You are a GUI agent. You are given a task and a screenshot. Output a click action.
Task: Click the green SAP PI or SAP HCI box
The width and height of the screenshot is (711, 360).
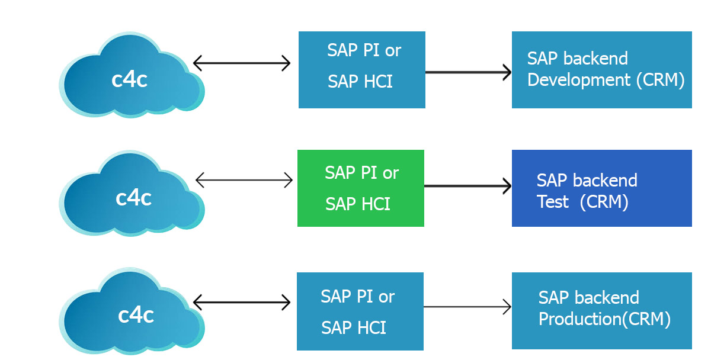click(361, 188)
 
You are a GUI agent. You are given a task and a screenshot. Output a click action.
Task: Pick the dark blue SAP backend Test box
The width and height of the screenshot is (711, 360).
click(602, 188)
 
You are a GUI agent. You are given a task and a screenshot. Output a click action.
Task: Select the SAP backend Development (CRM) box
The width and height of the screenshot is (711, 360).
click(602, 70)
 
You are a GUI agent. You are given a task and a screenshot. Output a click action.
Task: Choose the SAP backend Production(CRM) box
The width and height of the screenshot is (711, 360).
click(602, 311)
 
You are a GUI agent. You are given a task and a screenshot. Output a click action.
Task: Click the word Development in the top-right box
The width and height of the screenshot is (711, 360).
click(579, 79)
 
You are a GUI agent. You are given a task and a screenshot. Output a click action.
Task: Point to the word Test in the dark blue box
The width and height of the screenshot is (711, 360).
click(553, 202)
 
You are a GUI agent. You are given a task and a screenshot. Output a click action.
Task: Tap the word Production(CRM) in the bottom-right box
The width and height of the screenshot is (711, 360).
click(605, 319)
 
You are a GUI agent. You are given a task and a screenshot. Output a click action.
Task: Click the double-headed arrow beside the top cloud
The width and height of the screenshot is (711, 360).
click(242, 63)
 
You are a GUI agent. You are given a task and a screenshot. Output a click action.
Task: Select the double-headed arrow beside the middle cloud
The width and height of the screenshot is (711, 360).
click(244, 180)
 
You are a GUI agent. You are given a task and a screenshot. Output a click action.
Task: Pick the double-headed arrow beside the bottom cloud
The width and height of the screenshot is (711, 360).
click(242, 303)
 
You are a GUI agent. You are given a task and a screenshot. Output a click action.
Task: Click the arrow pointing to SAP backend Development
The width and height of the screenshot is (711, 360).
click(468, 72)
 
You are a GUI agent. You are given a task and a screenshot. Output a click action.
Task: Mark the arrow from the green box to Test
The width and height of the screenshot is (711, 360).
click(467, 186)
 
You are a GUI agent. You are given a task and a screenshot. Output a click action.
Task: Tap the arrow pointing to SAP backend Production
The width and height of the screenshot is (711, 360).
click(467, 307)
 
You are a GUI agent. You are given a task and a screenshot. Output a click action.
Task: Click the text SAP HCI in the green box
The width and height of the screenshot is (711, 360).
click(358, 204)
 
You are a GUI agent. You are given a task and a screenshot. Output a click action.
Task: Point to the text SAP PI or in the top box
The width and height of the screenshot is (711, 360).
click(364, 50)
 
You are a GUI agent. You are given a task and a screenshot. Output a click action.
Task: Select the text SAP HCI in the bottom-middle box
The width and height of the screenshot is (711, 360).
click(354, 327)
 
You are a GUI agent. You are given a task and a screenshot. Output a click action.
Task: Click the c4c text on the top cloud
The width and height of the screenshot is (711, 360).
click(130, 79)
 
